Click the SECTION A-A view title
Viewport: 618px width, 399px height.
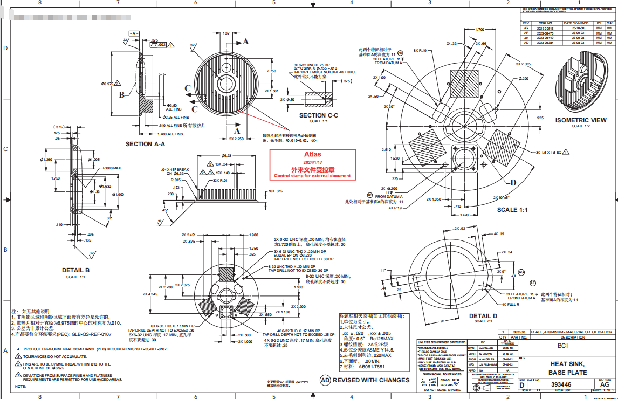145,144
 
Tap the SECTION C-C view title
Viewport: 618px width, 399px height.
318,115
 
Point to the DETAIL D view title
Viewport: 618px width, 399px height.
483,316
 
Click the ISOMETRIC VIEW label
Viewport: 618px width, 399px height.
580,120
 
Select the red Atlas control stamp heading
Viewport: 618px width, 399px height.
312,155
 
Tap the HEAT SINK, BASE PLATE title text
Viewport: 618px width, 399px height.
568,368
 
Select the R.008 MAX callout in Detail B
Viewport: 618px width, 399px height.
112,168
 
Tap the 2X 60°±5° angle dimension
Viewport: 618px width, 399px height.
505,198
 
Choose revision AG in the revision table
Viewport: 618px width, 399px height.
526,28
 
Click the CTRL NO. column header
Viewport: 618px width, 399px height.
546,23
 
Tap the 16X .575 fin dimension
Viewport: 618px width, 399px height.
276,191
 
